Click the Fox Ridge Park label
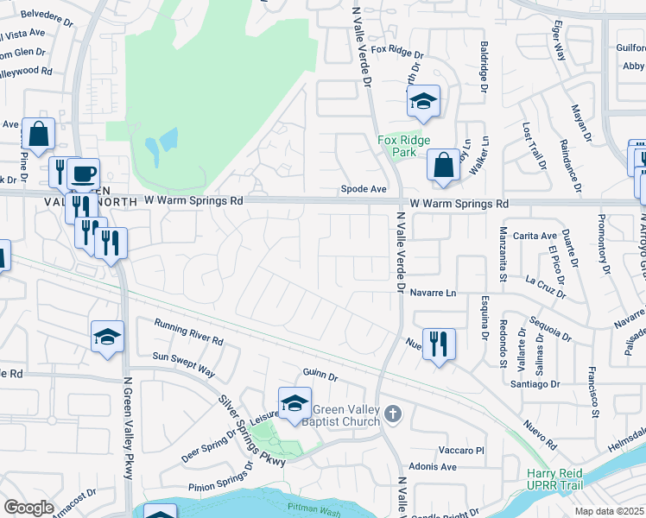pyautogui.click(x=397, y=145)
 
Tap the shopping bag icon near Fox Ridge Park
pyautogui.click(x=443, y=166)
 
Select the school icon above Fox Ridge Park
pyautogui.click(x=423, y=102)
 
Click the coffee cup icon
pyautogui.click(x=83, y=174)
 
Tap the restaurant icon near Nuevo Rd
pyautogui.click(x=439, y=344)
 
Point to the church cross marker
pyautogui.click(x=393, y=414)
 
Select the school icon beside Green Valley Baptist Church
pyautogui.click(x=294, y=403)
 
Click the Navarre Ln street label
pyautogui.click(x=433, y=294)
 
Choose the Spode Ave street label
pyautogui.click(x=363, y=188)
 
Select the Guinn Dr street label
pyautogui.click(x=320, y=374)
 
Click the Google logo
pyautogui.click(x=28, y=508)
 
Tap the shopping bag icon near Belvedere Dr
pyautogui.click(x=38, y=135)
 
